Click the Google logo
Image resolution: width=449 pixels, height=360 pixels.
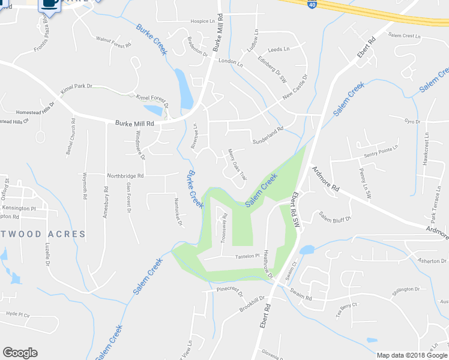(x=20, y=352)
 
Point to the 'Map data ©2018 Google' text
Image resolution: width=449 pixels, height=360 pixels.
(x=412, y=355)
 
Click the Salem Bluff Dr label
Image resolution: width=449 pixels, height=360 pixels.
(x=334, y=217)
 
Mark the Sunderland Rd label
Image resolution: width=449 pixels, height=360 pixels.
(x=267, y=131)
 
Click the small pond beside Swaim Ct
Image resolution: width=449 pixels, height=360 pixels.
(x=306, y=250)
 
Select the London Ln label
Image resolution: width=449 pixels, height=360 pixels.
(x=231, y=62)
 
